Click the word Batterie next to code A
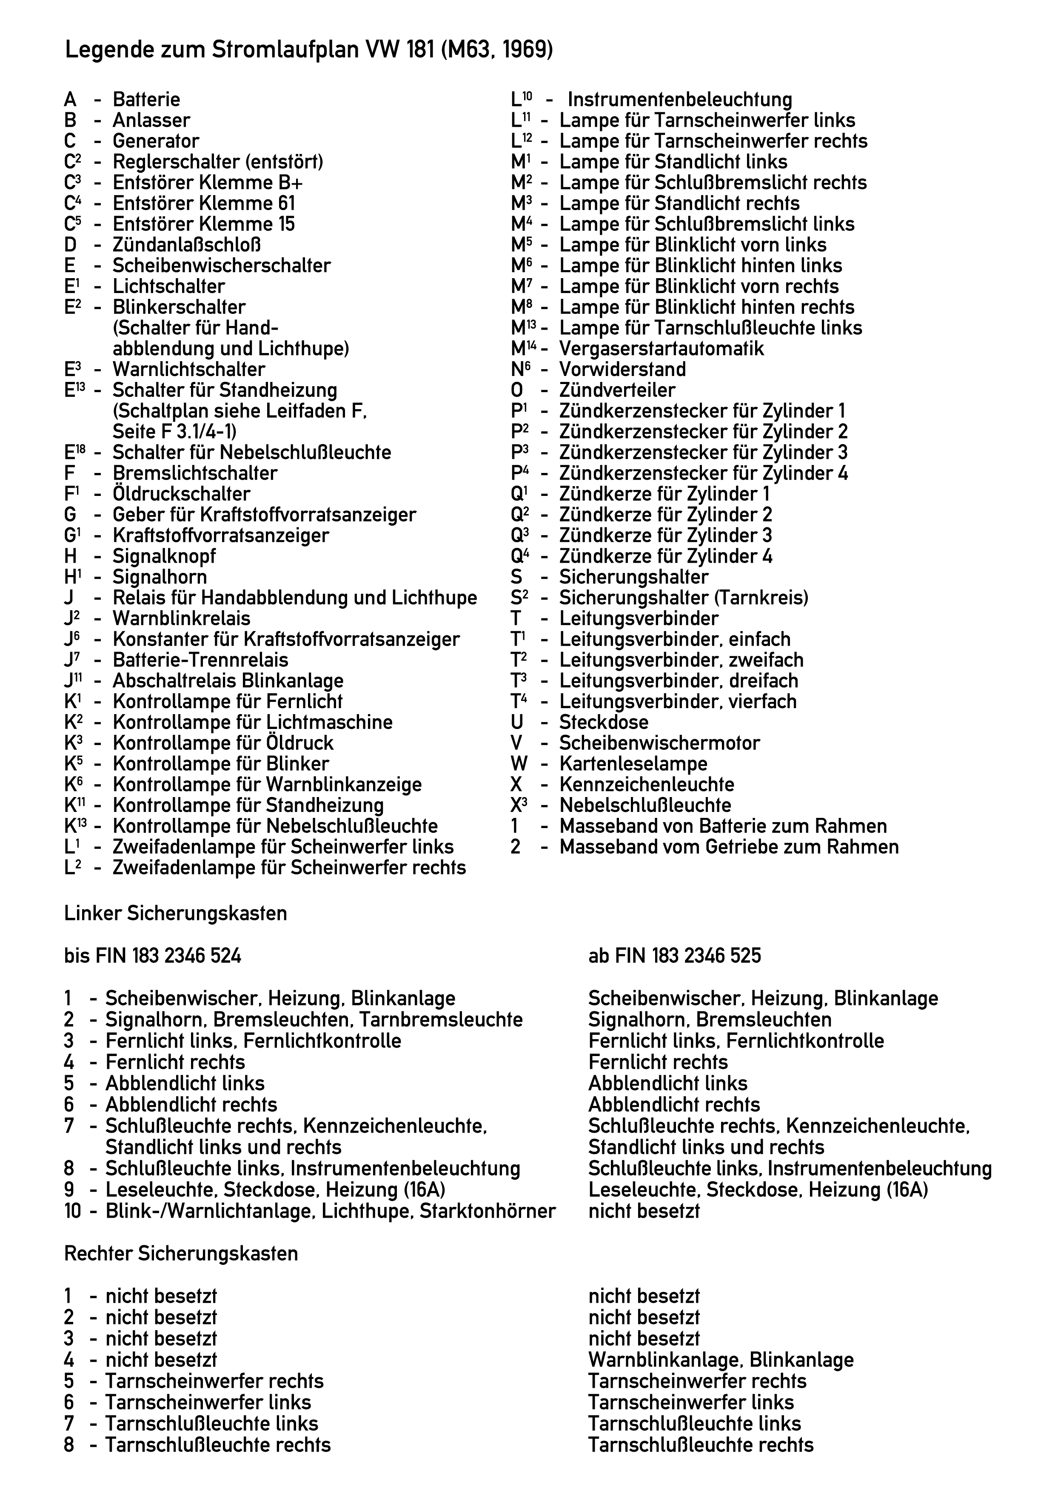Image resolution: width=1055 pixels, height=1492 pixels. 146,100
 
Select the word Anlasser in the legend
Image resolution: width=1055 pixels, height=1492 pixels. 151,120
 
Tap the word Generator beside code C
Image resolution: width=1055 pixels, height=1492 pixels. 156,141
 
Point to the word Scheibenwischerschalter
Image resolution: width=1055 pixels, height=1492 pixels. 222,266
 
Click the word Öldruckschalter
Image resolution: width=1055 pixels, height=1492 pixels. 181,494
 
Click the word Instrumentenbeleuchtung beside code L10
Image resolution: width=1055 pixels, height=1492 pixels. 680,100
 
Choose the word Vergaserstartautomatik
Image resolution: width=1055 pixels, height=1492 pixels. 662,349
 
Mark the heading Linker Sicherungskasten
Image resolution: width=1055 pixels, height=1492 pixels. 176,914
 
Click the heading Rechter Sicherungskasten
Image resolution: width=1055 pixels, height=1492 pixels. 181,1253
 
